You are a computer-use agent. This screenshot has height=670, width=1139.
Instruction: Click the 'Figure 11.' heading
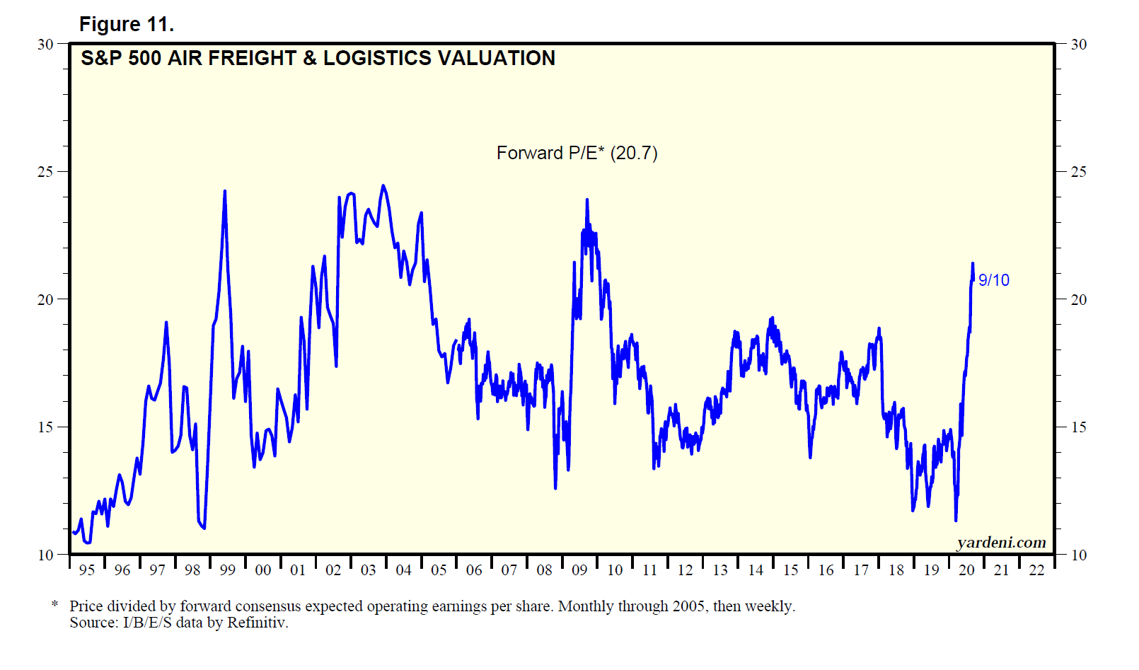tap(126, 25)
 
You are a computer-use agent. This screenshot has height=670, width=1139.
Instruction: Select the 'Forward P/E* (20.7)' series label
tap(577, 153)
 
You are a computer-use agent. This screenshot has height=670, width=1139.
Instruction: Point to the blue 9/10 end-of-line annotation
tap(993, 280)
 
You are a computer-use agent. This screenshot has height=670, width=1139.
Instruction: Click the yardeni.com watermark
tap(1001, 543)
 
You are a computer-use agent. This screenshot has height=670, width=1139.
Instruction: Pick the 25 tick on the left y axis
tap(45, 172)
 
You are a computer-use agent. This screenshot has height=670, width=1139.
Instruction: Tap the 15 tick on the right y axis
tap(1078, 427)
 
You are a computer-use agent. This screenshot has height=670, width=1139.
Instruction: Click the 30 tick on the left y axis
tap(45, 45)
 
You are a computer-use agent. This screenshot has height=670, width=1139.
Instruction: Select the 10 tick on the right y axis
tap(1078, 555)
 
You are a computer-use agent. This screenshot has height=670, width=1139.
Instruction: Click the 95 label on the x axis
tap(87, 570)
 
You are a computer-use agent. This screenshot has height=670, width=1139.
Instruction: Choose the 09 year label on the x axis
tap(579, 570)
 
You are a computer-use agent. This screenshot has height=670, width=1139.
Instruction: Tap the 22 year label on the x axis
tap(1036, 570)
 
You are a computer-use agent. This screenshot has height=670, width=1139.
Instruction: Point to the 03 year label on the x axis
tap(369, 570)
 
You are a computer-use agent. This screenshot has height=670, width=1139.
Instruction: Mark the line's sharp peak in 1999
tap(225, 191)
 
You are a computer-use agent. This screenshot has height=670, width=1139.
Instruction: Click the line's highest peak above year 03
tap(383, 186)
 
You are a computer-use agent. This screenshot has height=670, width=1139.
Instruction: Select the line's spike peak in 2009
tap(586, 200)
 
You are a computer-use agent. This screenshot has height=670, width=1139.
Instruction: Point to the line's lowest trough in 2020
tap(956, 521)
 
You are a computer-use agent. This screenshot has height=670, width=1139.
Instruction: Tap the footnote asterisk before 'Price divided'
tap(54, 605)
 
